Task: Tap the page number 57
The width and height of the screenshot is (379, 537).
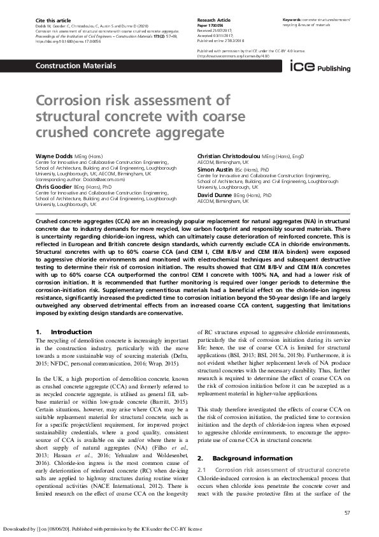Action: point(347,513)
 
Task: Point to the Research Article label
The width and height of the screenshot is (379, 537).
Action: point(214,20)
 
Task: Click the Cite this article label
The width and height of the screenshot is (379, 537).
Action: point(50,20)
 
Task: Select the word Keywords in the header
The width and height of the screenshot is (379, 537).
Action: point(292,20)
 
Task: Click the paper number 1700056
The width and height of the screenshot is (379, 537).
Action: point(211,25)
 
